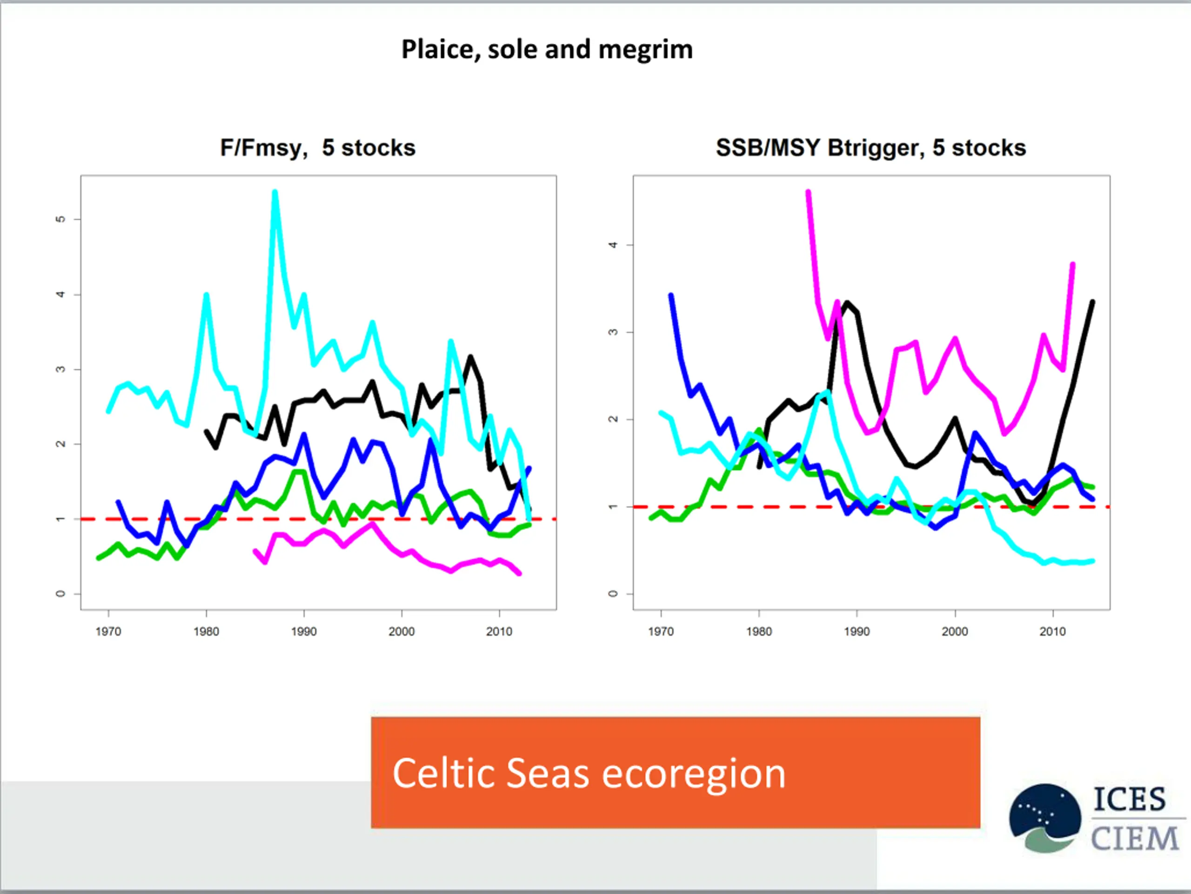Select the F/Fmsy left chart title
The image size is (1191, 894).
click(318, 148)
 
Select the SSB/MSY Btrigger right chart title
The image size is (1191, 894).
click(870, 148)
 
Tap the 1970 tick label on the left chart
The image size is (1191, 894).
click(108, 631)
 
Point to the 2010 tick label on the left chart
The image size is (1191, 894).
click(499, 631)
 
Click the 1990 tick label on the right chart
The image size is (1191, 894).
click(856, 631)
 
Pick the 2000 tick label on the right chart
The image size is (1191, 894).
click(955, 631)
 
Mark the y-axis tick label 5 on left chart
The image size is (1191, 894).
click(60, 219)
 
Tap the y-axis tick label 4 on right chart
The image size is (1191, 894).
click(613, 245)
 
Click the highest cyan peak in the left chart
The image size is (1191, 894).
click(275, 192)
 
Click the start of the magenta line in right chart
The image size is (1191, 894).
click(808, 192)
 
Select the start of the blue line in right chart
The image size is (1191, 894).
click(671, 295)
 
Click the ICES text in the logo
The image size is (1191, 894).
click(1129, 799)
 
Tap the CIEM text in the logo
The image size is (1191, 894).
click(1134, 839)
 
